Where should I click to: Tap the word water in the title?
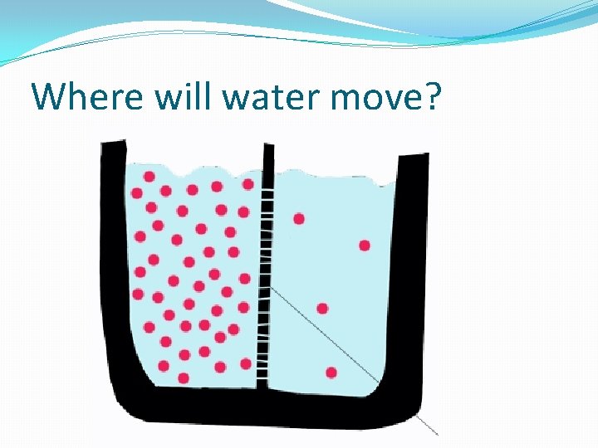(252, 97)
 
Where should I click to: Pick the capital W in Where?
(49, 97)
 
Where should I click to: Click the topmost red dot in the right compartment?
(299, 219)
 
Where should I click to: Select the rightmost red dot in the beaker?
(365, 246)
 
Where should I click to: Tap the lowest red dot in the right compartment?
(331, 373)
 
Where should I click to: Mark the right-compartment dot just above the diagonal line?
(322, 309)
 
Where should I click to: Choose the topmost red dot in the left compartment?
(149, 176)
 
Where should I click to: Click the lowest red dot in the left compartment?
(184, 378)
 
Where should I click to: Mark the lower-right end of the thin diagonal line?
(436, 434)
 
